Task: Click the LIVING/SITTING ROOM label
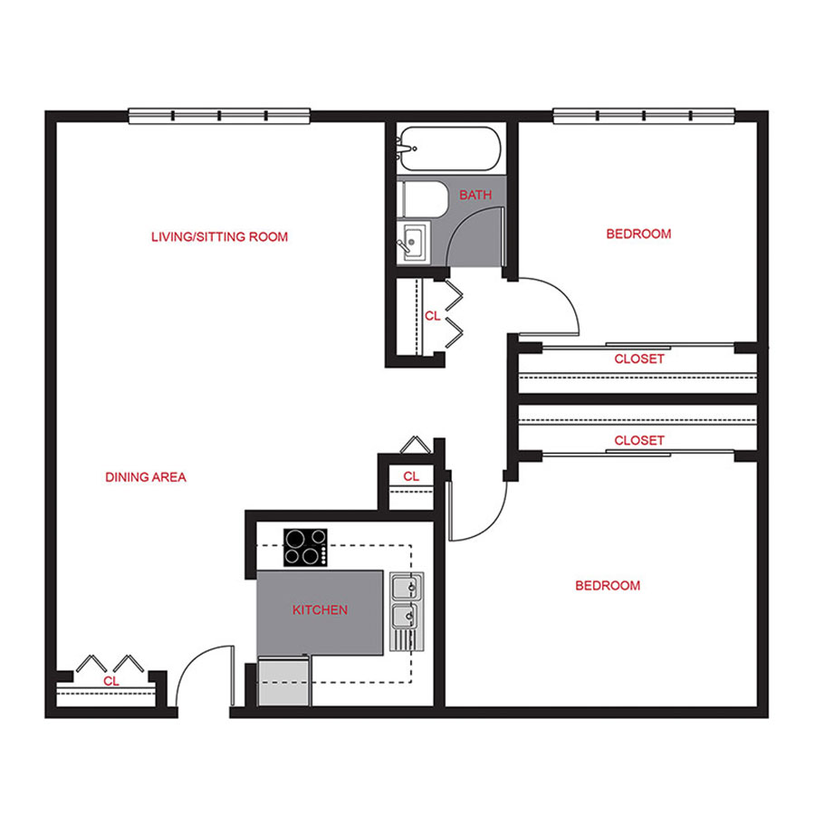click(x=219, y=237)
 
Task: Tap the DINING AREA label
click(x=146, y=477)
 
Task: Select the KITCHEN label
click(x=320, y=610)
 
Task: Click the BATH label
click(x=475, y=196)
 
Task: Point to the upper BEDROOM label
click(x=638, y=234)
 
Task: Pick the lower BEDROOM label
click(x=608, y=586)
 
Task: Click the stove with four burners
click(x=305, y=547)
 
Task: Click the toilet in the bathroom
click(x=421, y=198)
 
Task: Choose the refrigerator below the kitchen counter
click(x=283, y=682)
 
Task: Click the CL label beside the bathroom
click(x=432, y=316)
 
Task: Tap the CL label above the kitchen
click(x=411, y=476)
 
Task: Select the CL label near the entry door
click(x=111, y=681)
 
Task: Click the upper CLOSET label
click(x=639, y=359)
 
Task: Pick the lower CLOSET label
click(x=639, y=441)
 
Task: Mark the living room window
click(x=220, y=116)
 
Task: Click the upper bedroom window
click(x=643, y=116)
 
